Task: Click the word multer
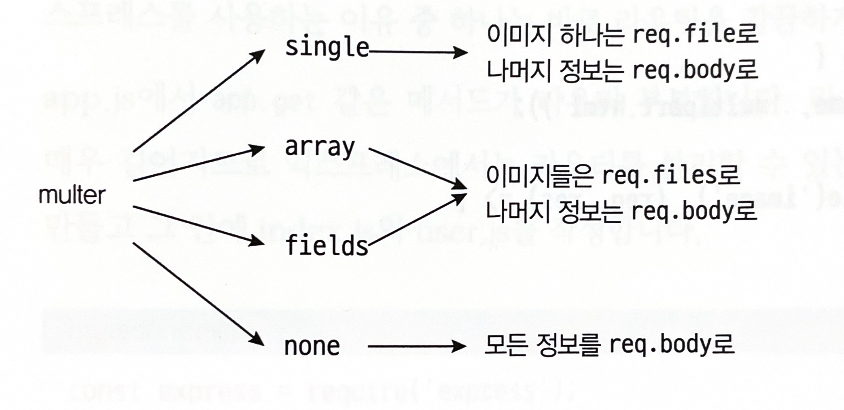(x=72, y=196)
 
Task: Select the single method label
(x=327, y=48)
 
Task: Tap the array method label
(x=320, y=147)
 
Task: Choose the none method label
(x=312, y=347)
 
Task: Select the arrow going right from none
(x=417, y=347)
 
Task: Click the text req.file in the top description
(x=684, y=35)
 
